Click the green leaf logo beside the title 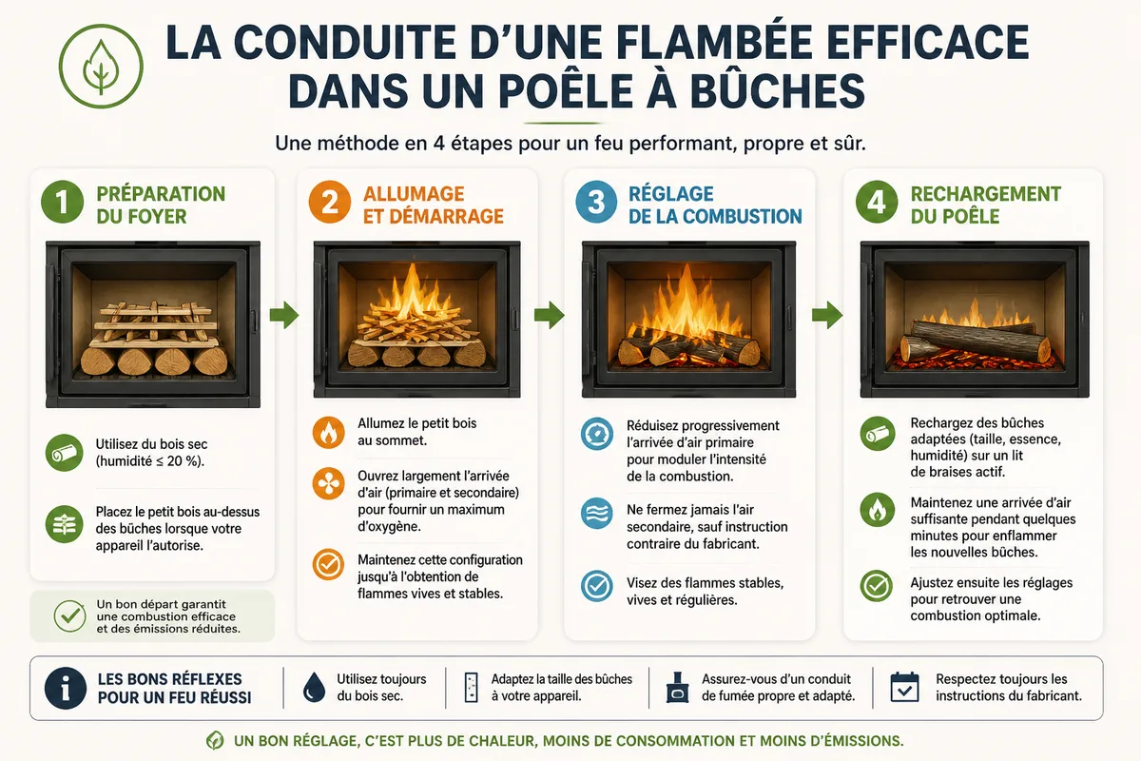101,67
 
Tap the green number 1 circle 62,202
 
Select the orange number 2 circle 330,202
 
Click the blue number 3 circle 596,202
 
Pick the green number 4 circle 876,202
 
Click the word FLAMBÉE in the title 714,42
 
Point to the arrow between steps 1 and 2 283,315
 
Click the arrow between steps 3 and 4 827,315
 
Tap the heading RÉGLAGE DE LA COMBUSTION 715,205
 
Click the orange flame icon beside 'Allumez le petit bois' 329,432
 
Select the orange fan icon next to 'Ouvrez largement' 329,483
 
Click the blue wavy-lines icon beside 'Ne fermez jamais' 596,513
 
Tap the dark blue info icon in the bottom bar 66,688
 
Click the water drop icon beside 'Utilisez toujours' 314,687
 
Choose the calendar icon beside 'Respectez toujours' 904,687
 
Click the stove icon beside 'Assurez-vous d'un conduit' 677,687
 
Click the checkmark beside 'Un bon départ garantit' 69,615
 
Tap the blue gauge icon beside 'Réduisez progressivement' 596,434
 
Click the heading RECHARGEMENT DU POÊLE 986,205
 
